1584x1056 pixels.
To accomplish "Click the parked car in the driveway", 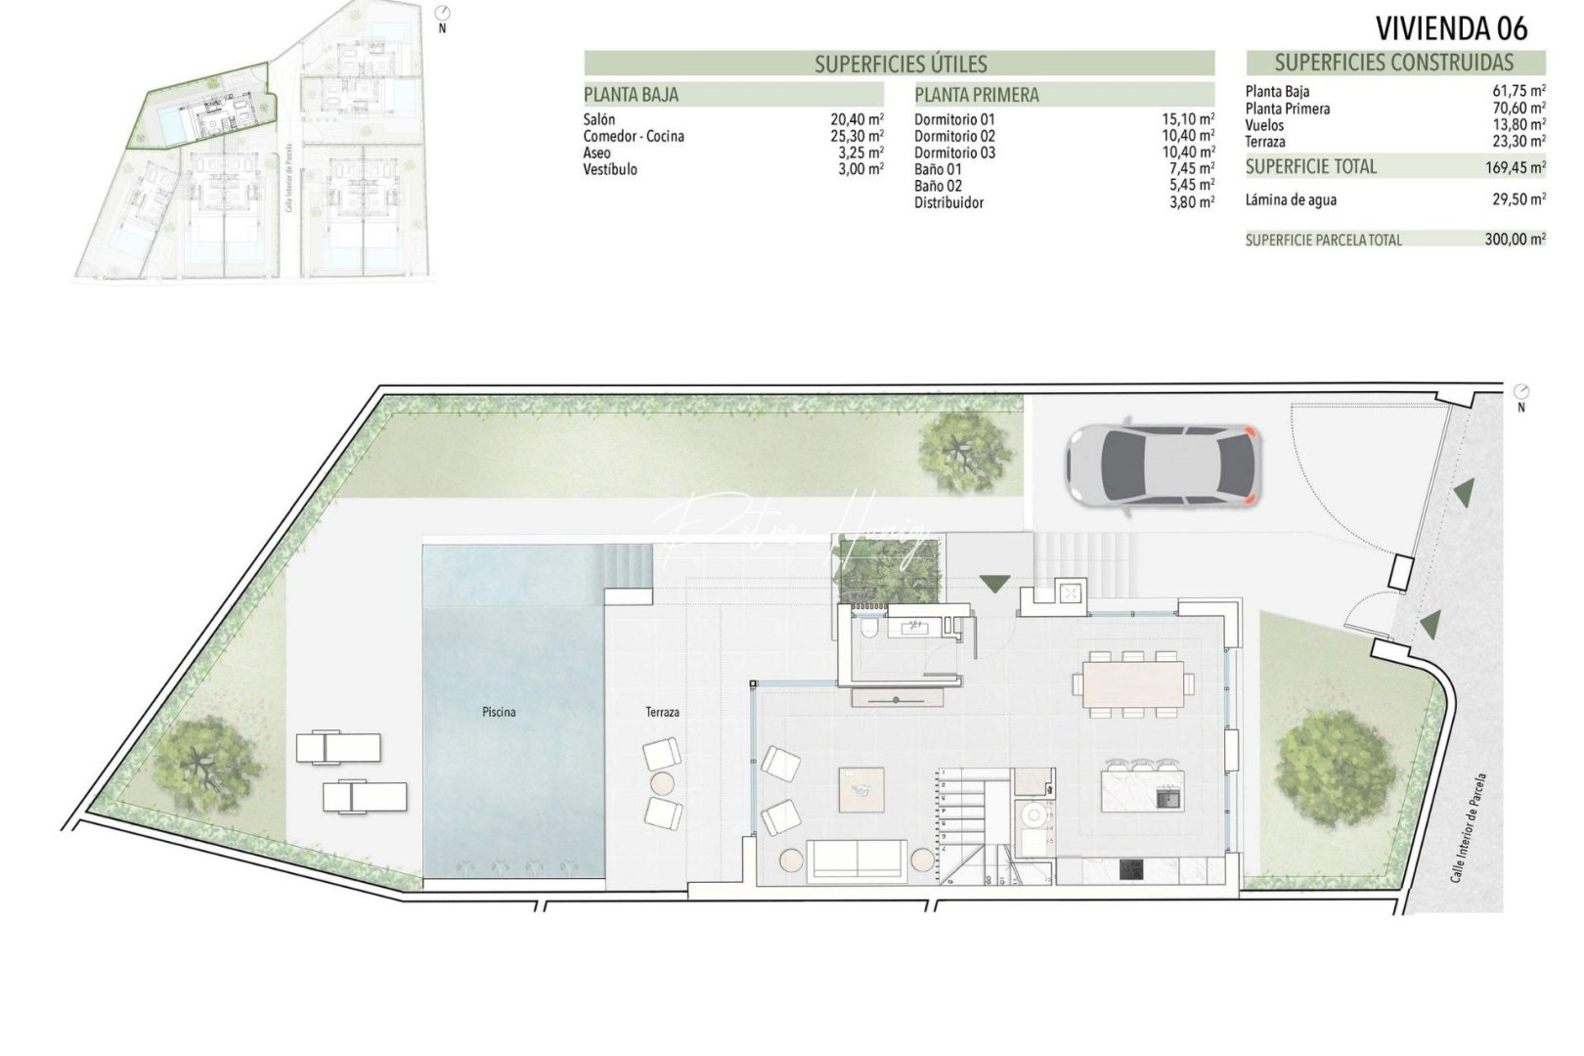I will click(x=1162, y=466).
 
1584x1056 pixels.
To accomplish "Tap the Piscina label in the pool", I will click(x=499, y=713).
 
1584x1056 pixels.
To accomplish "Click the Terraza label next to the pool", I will click(x=662, y=713).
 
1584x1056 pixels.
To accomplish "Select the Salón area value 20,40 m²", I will click(x=857, y=119).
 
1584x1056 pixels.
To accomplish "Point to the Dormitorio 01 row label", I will click(x=954, y=119).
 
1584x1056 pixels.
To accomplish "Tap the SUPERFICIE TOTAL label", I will click(x=1310, y=167).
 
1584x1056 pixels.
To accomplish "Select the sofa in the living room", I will click(x=858, y=861).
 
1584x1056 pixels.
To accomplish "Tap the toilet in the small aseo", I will click(x=866, y=631).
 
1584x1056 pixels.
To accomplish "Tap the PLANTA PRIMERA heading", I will click(x=977, y=95).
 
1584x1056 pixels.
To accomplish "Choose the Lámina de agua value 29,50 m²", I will click(x=1515, y=200).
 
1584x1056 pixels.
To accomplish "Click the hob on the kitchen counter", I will click(x=1132, y=868).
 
